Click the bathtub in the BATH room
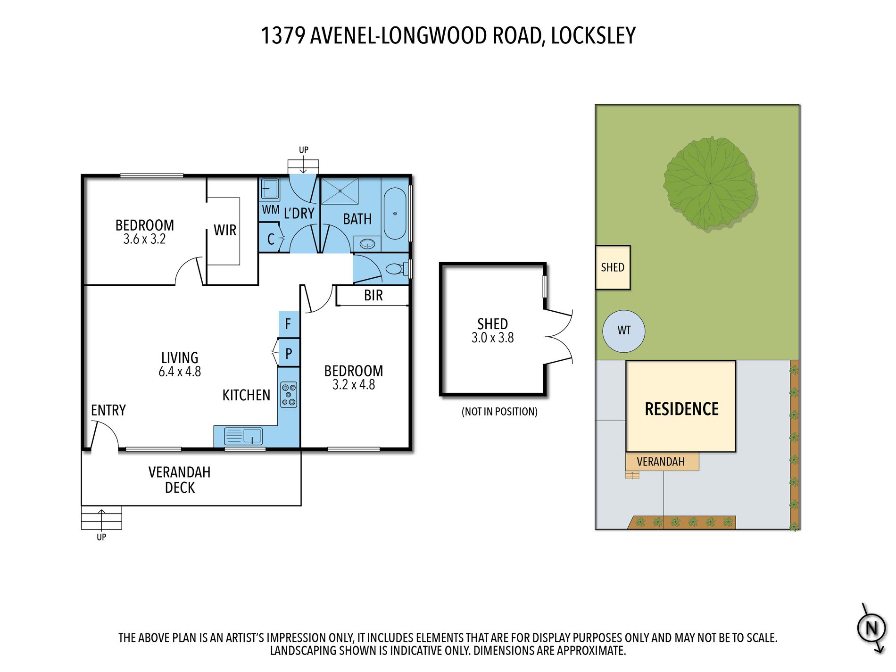click(395, 214)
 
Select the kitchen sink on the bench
click(243, 436)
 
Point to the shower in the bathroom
click(340, 191)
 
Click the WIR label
click(225, 230)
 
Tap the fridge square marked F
click(289, 324)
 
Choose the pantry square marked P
click(289, 353)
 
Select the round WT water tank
click(624, 331)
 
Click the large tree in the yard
click(710, 183)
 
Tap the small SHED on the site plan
click(613, 267)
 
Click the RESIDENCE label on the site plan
click(681, 409)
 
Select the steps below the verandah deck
click(101, 517)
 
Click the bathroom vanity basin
click(367, 244)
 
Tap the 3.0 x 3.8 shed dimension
click(492, 338)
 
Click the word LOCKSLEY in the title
click(593, 36)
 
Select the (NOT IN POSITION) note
click(499, 412)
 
